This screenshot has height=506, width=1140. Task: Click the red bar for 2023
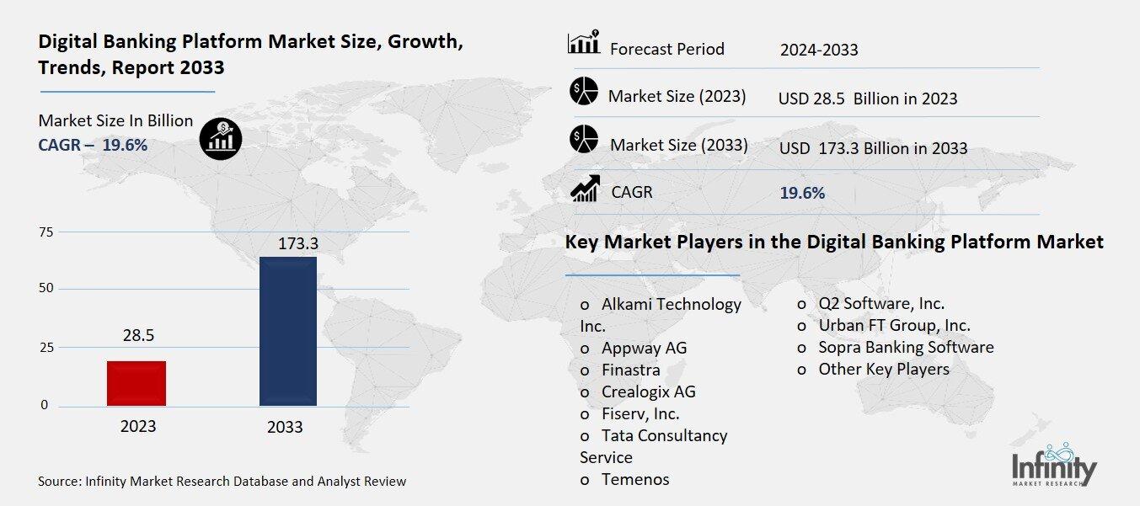click(136, 383)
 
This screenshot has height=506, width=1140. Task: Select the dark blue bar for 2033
click(287, 331)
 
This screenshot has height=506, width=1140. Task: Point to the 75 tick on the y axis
click(46, 232)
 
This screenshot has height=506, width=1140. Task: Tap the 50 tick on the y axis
click(46, 289)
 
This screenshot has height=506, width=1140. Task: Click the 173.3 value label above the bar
click(299, 245)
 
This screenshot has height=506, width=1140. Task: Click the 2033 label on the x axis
click(285, 427)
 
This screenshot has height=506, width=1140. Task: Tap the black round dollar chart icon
click(221, 138)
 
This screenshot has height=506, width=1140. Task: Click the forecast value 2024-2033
click(818, 50)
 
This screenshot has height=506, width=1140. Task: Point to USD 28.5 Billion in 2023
click(868, 99)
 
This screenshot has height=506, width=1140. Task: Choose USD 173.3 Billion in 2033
click(873, 149)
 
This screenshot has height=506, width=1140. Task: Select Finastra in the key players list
click(630, 370)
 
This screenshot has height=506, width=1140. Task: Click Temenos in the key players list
click(634, 480)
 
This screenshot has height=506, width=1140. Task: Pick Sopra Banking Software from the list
click(906, 347)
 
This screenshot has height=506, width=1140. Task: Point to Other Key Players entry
click(883, 369)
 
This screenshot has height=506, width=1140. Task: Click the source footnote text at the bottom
click(222, 482)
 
